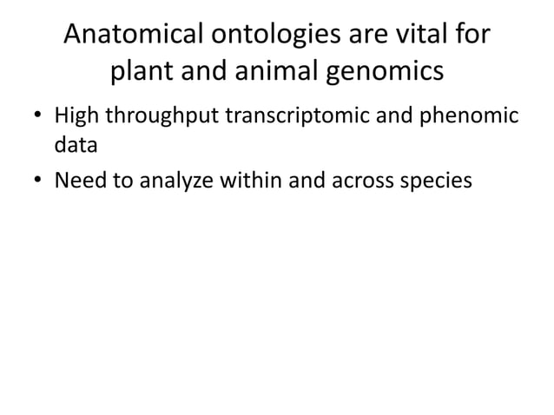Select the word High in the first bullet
click(x=77, y=115)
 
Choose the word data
click(x=76, y=145)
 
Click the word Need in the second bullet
click(x=80, y=181)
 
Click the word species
click(x=436, y=181)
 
